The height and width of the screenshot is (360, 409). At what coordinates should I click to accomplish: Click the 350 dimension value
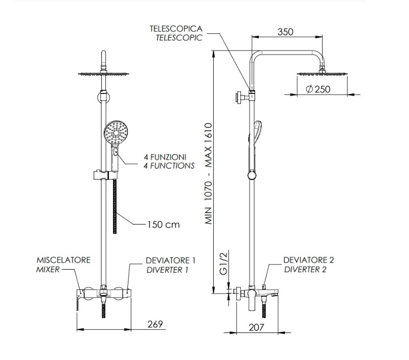pos(285,32)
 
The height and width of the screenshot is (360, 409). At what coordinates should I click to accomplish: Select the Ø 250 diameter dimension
pos(318,89)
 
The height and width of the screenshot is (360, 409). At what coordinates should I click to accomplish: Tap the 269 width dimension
pos(155,324)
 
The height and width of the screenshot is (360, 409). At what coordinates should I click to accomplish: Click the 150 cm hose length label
pos(163,224)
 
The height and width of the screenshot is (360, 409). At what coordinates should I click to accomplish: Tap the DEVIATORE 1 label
pos(170,260)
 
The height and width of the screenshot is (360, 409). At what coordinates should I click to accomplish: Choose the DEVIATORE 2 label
pos(308,260)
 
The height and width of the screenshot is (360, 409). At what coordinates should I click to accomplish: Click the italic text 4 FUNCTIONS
pos(169,165)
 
